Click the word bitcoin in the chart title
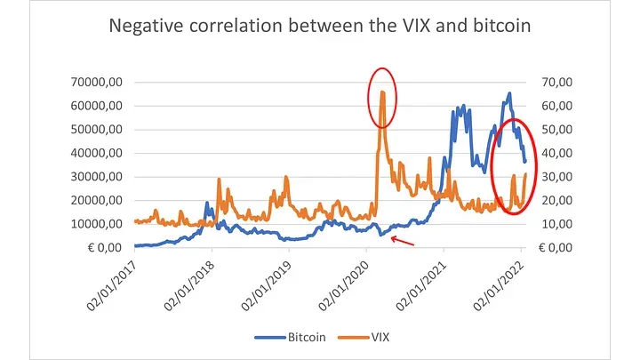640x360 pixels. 499,27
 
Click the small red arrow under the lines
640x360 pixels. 402,241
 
